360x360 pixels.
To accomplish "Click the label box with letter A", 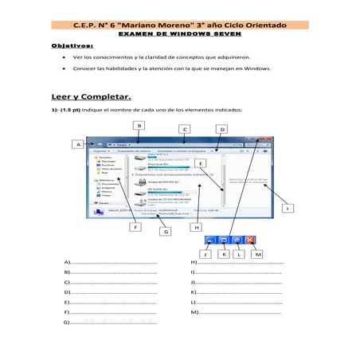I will [x=78, y=145].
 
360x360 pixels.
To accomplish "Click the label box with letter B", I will [x=139, y=125].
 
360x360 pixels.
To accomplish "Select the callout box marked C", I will [x=184, y=129].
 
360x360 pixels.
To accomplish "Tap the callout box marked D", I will [x=222, y=129].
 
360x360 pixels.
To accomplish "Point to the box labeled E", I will [x=211, y=163].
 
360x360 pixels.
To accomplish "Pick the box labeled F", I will [x=136, y=227].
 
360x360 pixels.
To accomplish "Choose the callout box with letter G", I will [x=166, y=232].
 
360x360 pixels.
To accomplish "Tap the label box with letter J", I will [x=205, y=254].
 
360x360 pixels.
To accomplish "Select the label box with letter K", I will [x=224, y=254].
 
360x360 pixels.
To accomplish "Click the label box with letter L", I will [x=239, y=254].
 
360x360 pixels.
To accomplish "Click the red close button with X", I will [x=250, y=239].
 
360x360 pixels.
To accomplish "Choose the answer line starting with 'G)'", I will [x=112, y=323].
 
